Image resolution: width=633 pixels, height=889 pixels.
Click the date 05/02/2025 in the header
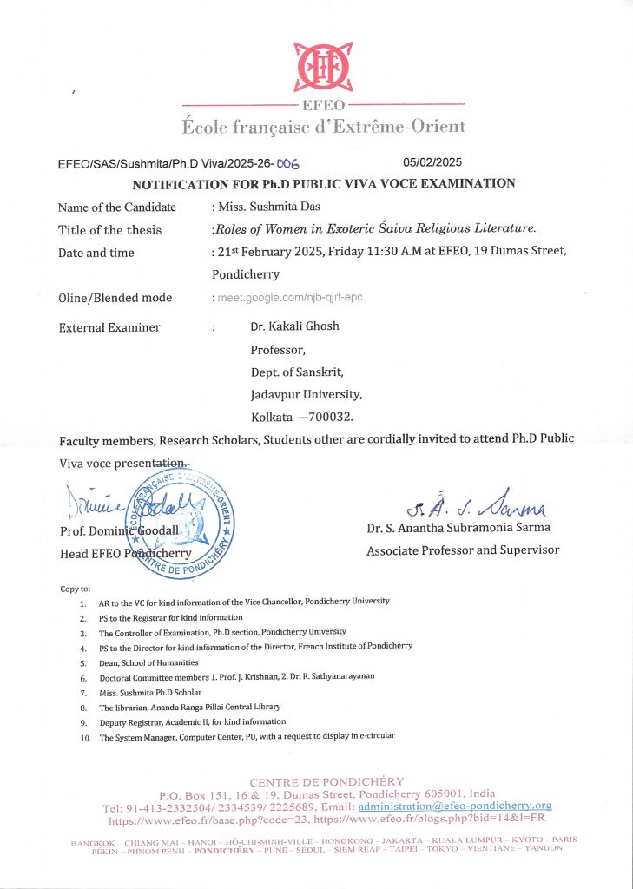pyautogui.click(x=432, y=162)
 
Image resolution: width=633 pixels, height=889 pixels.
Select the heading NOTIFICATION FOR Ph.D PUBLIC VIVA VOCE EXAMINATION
pyautogui.click(x=323, y=183)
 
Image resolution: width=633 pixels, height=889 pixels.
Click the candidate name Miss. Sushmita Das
pyautogui.click(x=267, y=207)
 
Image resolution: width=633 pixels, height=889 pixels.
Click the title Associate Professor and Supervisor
pyautogui.click(x=463, y=550)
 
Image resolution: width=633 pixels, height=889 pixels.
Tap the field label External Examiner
pyautogui.click(x=109, y=327)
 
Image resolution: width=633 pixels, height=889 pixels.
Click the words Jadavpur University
pyautogui.click(x=300, y=394)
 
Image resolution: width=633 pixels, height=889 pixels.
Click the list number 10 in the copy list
pyautogui.click(x=83, y=737)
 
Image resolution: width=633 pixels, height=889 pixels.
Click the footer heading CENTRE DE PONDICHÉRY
pyautogui.click(x=326, y=781)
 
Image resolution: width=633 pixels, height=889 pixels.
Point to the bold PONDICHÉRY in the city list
pyautogui.click(x=224, y=851)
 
